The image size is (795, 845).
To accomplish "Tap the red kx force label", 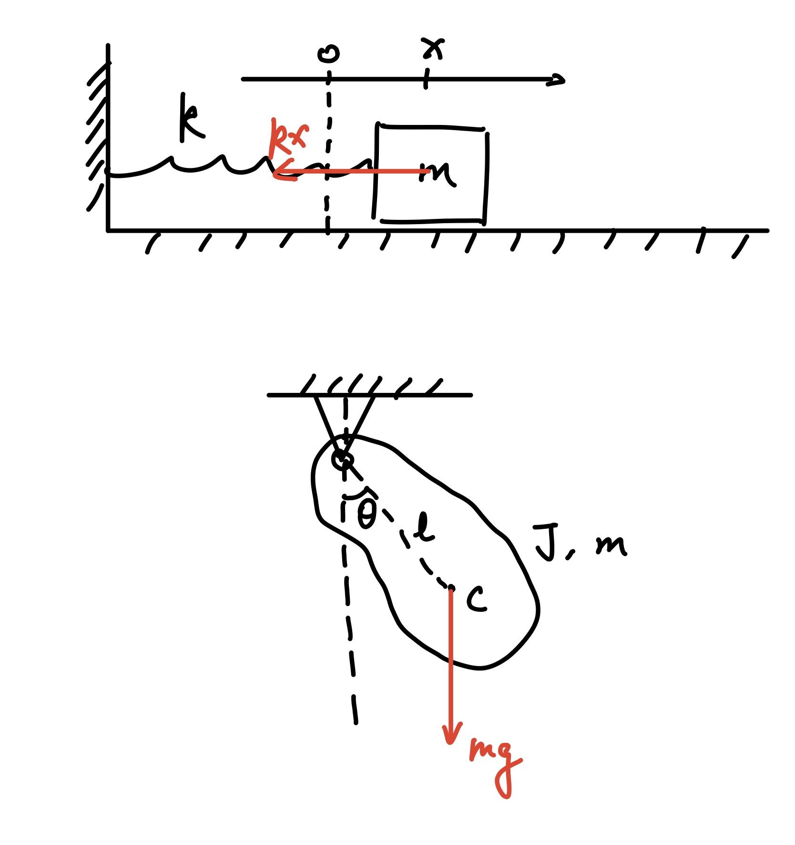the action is (x=288, y=135).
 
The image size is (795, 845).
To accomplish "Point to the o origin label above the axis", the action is (x=328, y=53).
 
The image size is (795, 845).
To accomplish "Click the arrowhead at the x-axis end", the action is (x=558, y=80).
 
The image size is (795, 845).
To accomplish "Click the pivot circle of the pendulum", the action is (x=343, y=460).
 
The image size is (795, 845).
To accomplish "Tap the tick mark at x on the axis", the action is (x=426, y=79).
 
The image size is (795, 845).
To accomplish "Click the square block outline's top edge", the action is (x=431, y=127).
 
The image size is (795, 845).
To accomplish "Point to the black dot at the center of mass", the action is (x=450, y=587).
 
